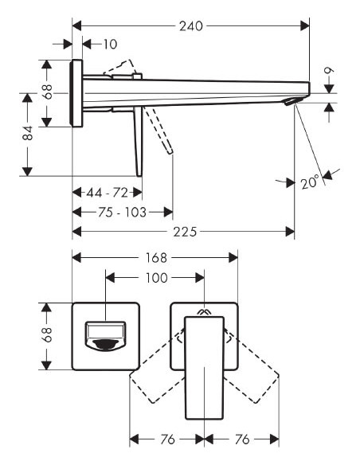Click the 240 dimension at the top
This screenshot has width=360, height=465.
click(x=191, y=25)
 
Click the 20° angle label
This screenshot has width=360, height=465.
click(x=311, y=182)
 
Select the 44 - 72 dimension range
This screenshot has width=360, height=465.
click(x=107, y=193)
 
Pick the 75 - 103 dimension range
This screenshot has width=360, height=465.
click(x=122, y=212)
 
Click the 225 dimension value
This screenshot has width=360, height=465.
click(x=184, y=232)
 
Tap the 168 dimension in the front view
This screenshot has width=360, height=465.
click(x=155, y=257)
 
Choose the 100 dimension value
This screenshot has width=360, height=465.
click(x=157, y=277)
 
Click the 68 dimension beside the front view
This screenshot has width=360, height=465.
click(x=48, y=336)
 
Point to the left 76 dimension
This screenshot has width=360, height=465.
click(x=167, y=439)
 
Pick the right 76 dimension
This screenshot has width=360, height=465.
click(x=242, y=439)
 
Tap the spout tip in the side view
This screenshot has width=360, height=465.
click(x=296, y=97)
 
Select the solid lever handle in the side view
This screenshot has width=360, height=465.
click(x=139, y=139)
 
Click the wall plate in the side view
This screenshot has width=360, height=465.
click(x=77, y=92)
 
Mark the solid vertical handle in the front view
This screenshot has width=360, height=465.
click(x=205, y=366)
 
